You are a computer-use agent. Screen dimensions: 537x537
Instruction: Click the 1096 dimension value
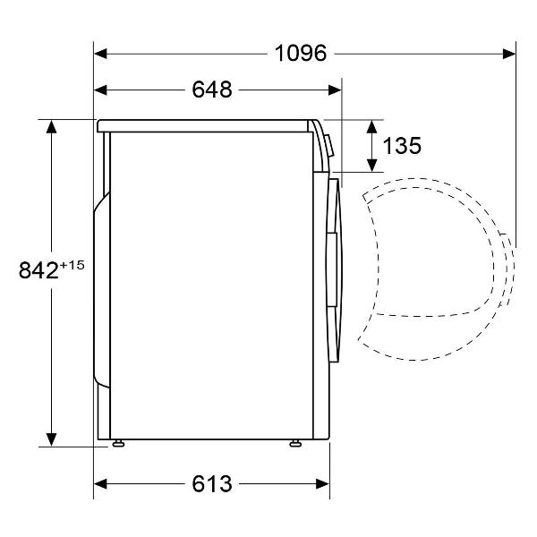pyautogui.click(x=301, y=54)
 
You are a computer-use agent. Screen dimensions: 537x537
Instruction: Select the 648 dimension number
pyautogui.click(x=212, y=89)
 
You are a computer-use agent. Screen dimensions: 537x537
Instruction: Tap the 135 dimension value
pyautogui.click(x=402, y=146)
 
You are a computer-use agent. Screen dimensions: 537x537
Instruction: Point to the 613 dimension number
pyautogui.click(x=212, y=484)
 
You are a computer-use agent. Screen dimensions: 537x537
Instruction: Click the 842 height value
pyautogui.click(x=38, y=270)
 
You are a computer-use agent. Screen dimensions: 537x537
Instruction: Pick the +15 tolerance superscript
pyautogui.click(x=72, y=266)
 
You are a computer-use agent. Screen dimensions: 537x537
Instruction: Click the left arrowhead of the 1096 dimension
pyautogui.click(x=100, y=54)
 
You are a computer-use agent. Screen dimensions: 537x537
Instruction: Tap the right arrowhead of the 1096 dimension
pyautogui.click(x=509, y=54)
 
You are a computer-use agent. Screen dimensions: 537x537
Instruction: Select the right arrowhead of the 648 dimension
pyautogui.click(x=335, y=90)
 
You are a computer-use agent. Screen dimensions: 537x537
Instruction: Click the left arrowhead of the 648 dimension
pyautogui.click(x=100, y=90)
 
